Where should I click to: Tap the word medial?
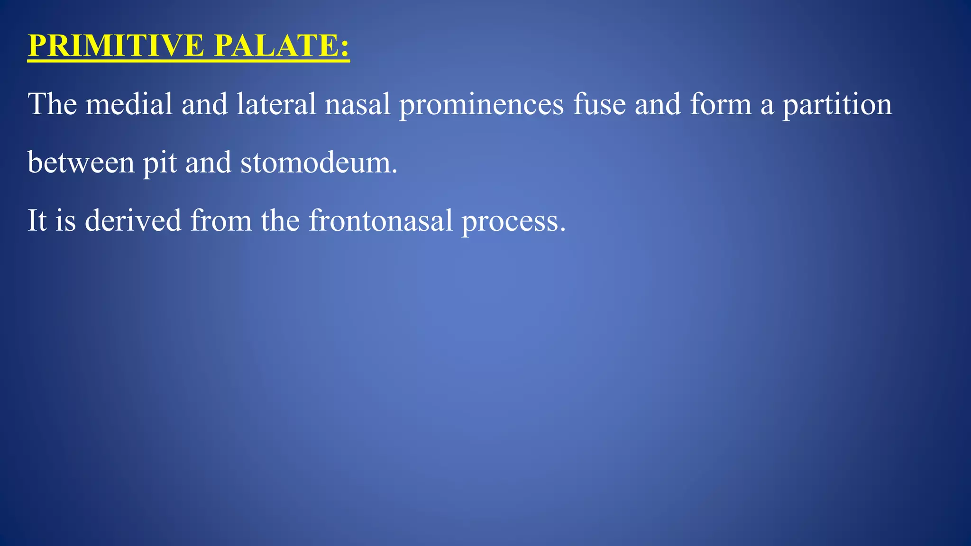pos(129,104)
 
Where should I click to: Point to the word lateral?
pos(276,104)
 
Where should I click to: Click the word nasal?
pos(357,104)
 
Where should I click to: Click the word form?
pos(721,104)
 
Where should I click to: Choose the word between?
pos(81,162)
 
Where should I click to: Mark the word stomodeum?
pos(319,162)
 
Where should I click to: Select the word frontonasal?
pos(381,220)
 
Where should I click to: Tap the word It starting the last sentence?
pos(37,220)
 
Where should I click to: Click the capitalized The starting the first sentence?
pos(52,104)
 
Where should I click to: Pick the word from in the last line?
pos(221,220)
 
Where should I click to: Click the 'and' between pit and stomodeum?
pos(208,162)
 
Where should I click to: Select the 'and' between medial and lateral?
pos(204,104)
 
